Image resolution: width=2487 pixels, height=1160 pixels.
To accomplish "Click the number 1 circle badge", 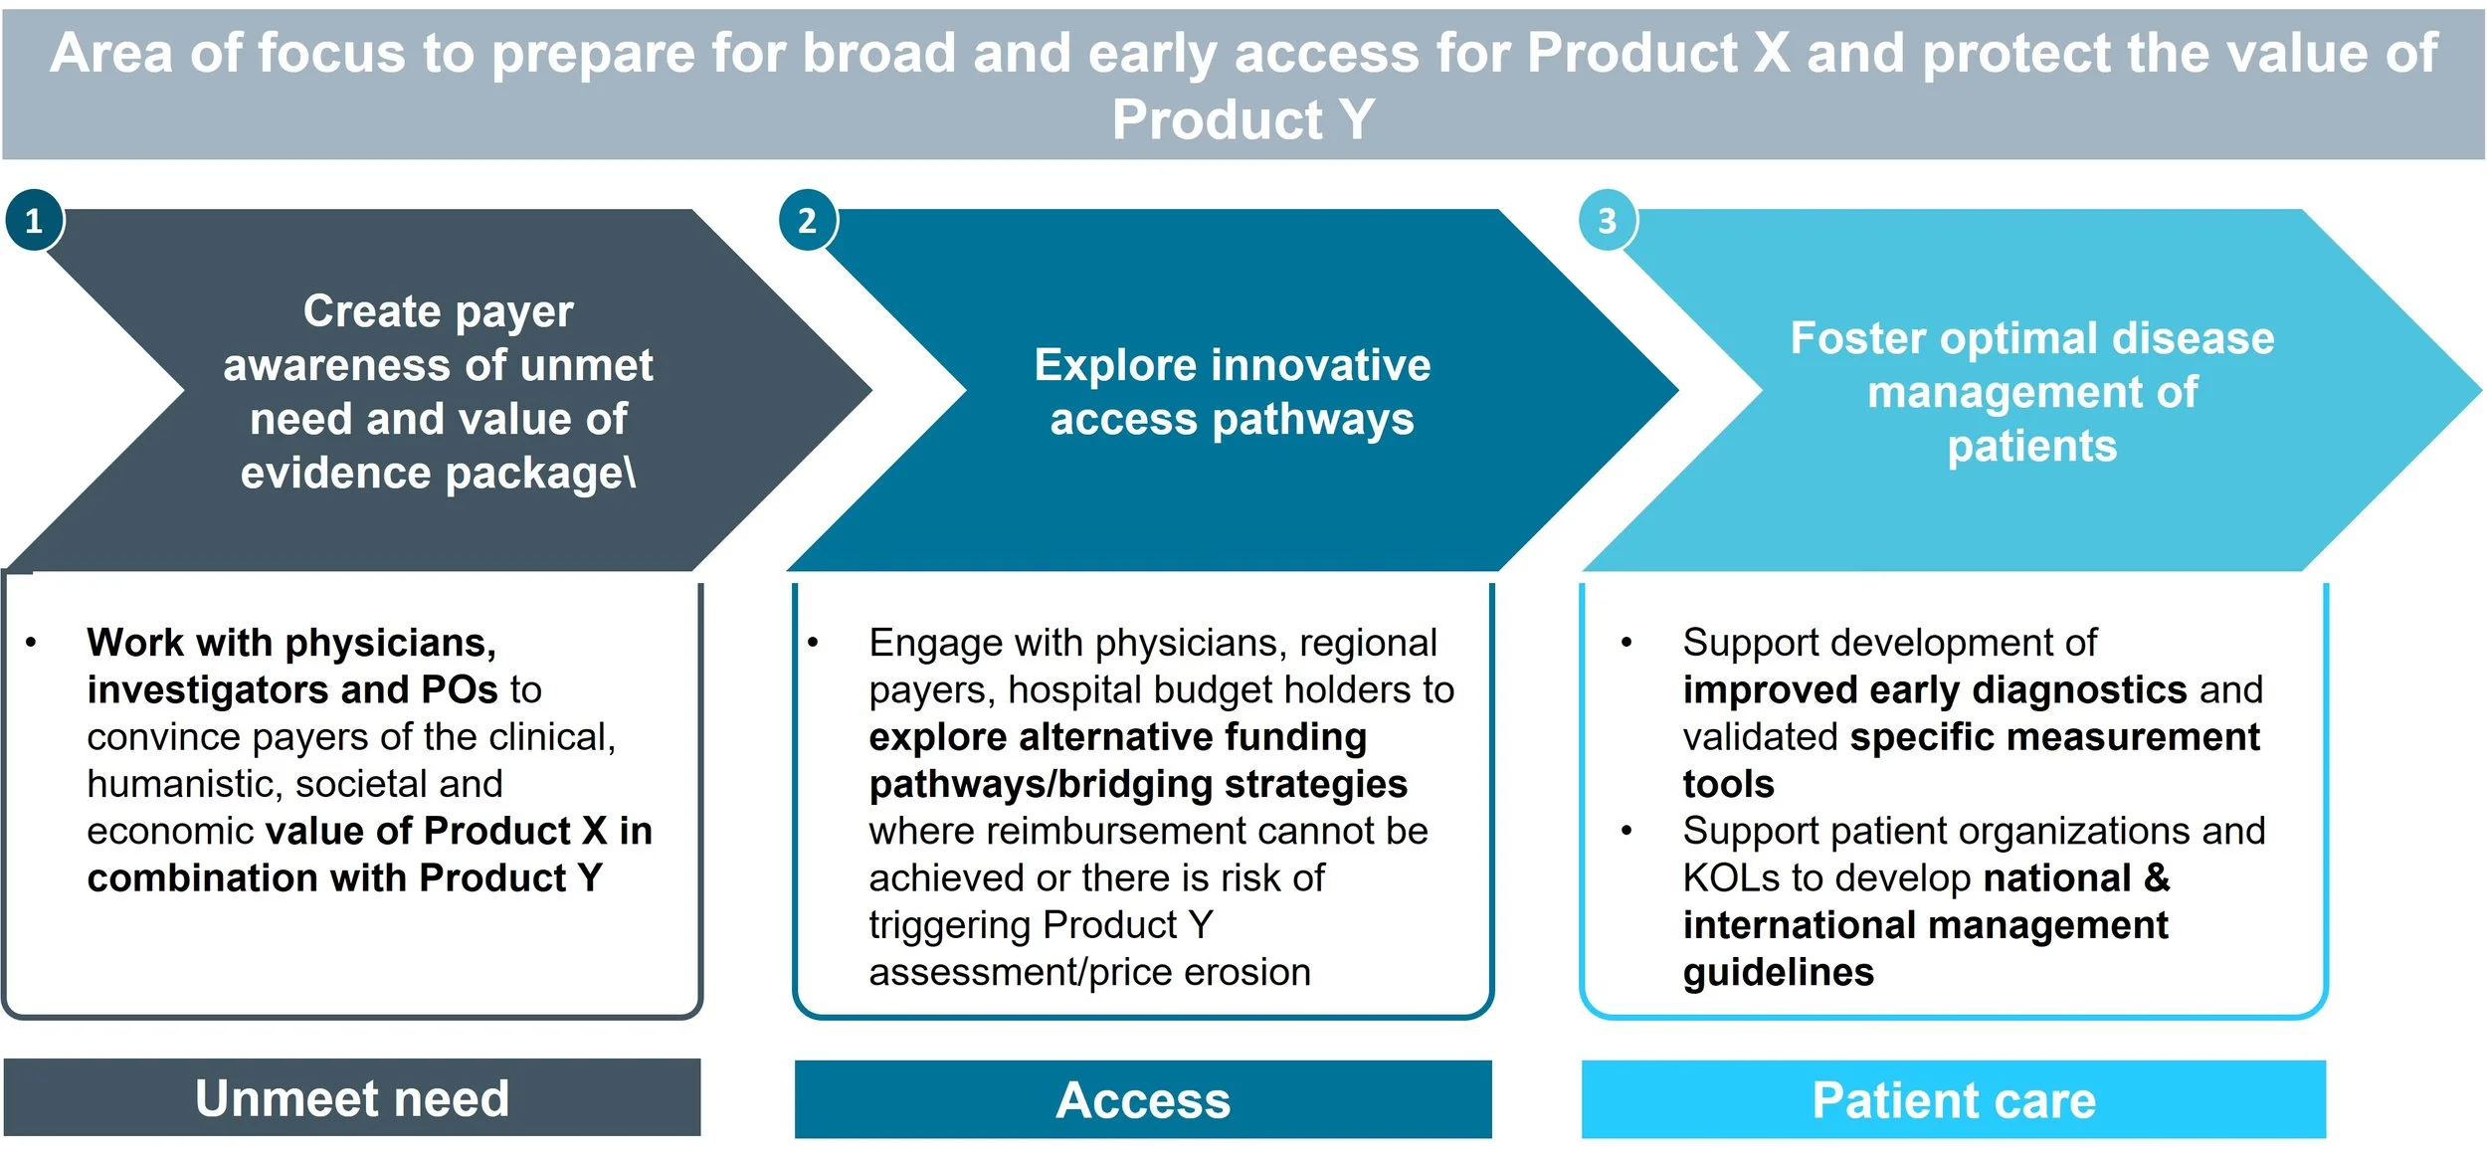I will [x=34, y=220].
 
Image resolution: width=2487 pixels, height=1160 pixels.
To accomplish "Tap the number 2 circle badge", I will [x=807, y=220].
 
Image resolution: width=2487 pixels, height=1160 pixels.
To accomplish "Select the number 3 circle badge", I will [x=1607, y=220].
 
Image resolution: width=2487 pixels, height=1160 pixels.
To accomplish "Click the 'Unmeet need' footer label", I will [x=352, y=1098].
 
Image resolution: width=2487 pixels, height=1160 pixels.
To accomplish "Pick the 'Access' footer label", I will [x=1143, y=1100].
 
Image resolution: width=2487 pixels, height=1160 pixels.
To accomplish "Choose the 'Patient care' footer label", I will [x=1954, y=1100].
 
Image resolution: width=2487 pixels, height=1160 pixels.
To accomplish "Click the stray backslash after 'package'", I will [x=630, y=474].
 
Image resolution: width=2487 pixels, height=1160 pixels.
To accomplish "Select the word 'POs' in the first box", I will [x=460, y=689].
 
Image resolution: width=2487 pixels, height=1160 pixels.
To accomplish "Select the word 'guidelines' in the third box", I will [x=1778, y=972].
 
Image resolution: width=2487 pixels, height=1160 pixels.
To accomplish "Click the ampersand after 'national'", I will [x=2157, y=878].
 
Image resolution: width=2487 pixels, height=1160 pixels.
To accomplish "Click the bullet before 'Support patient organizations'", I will [x=1626, y=831].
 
